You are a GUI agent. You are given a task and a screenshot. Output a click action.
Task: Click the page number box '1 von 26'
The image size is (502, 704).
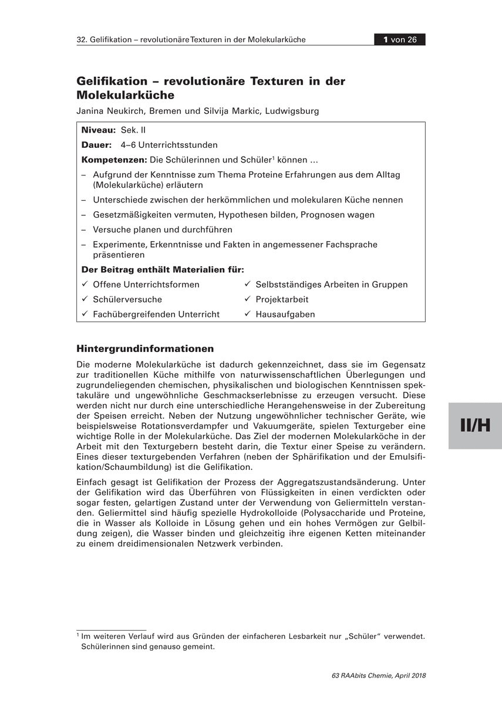click(400, 40)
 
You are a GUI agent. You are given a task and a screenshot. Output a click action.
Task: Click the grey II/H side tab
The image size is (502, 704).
click(475, 426)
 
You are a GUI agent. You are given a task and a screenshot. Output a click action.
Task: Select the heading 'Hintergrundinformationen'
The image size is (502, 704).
click(145, 349)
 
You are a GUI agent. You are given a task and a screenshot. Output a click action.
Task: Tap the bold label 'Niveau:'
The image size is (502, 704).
click(99, 130)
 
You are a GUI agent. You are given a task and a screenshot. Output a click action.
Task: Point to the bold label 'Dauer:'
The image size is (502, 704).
click(96, 145)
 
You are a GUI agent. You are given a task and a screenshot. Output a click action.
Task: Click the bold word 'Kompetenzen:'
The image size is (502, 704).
click(114, 160)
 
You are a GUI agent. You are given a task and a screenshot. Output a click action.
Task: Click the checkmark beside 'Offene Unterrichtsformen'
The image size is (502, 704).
click(85, 285)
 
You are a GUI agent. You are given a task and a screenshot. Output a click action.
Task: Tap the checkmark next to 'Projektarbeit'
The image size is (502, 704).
click(247, 299)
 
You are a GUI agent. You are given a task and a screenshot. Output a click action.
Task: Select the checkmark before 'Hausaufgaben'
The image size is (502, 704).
click(247, 314)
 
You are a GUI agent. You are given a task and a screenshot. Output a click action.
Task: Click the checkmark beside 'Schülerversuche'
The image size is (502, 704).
click(85, 299)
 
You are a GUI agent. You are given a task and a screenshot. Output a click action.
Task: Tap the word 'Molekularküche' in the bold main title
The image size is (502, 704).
click(126, 94)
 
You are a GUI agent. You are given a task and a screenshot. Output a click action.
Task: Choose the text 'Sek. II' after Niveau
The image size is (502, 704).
click(133, 130)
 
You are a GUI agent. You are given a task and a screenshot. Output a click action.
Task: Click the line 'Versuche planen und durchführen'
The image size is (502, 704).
click(163, 229)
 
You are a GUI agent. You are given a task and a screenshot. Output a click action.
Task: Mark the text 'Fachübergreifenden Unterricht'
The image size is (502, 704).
click(156, 314)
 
